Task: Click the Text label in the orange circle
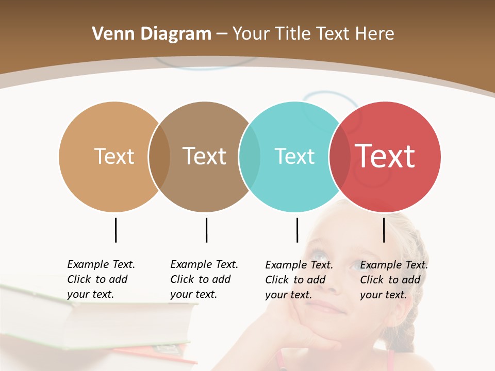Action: pyautogui.click(x=114, y=156)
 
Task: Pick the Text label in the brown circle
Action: pyautogui.click(x=204, y=156)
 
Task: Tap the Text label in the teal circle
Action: pyautogui.click(x=294, y=156)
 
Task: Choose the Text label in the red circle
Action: pyautogui.click(x=385, y=156)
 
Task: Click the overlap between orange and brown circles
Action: pyautogui.click(x=159, y=157)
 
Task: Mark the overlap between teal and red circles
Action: pyautogui.click(x=340, y=157)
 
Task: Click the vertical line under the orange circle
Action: pyautogui.click(x=115, y=230)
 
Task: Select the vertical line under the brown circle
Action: pyautogui.click(x=206, y=230)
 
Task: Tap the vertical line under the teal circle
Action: pyautogui.click(x=297, y=230)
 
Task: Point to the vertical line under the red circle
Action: pyautogui.click(x=384, y=230)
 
